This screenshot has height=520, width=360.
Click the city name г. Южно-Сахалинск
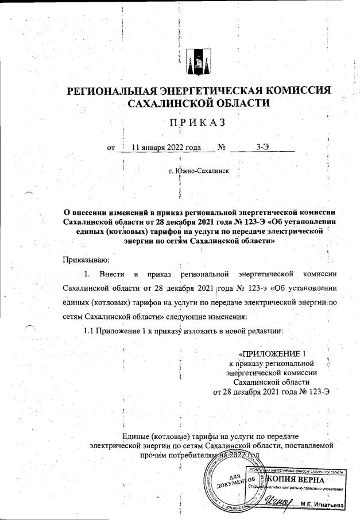(x=199, y=171)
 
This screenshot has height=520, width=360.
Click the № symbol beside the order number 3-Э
(x=222, y=147)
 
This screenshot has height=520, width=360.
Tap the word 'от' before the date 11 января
(x=111, y=147)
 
